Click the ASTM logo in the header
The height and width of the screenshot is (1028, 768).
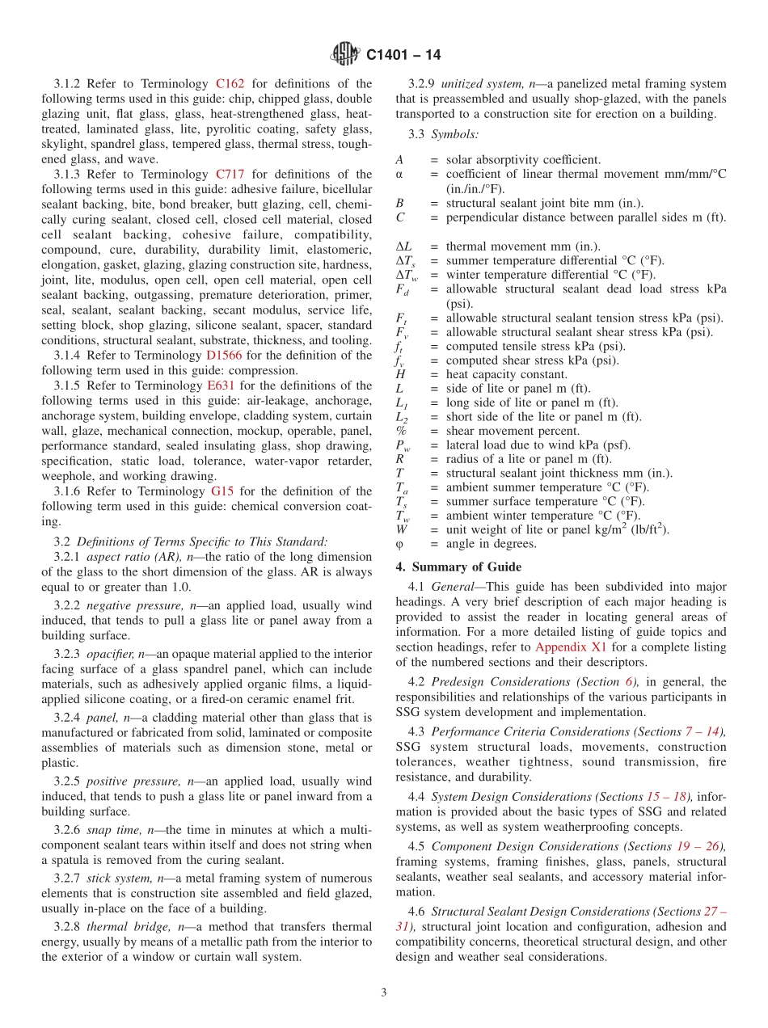click(345, 54)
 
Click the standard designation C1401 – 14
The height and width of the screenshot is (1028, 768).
click(403, 55)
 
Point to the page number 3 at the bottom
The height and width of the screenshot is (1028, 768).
click(384, 992)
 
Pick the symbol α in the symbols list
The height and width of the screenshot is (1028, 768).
click(399, 175)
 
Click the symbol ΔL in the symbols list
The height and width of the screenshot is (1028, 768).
click(403, 246)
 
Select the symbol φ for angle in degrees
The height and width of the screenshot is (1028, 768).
click(399, 544)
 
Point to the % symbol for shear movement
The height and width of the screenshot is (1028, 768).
click(401, 431)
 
